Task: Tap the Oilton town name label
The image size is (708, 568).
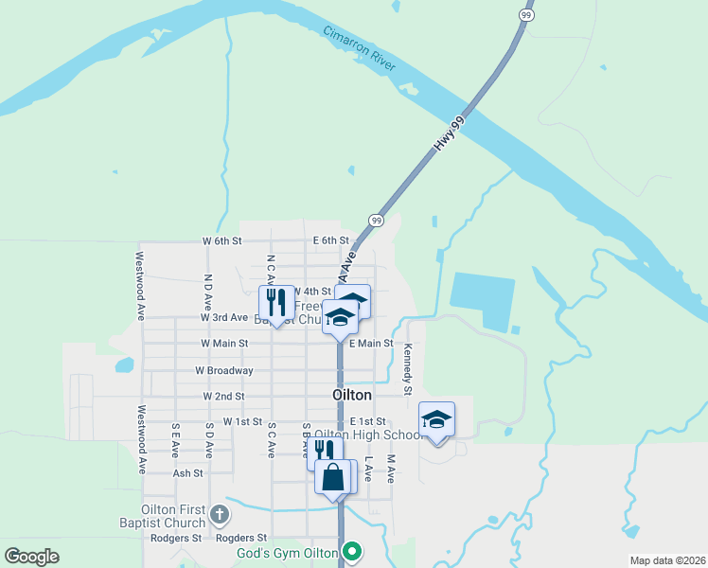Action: (x=352, y=395)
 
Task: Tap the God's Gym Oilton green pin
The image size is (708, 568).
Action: (x=353, y=550)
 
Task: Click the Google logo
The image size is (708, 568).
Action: (x=31, y=557)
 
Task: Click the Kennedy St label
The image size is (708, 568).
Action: (x=408, y=370)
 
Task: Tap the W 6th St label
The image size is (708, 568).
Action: (x=222, y=241)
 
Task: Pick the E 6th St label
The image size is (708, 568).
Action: (x=331, y=241)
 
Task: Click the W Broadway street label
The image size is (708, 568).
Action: (x=224, y=370)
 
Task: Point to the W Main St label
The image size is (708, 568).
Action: (x=224, y=344)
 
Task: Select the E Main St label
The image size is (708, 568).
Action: (x=370, y=344)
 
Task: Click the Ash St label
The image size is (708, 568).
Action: (x=188, y=472)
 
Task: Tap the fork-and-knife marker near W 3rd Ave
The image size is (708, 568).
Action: (x=276, y=303)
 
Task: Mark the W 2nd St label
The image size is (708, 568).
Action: (x=224, y=397)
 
